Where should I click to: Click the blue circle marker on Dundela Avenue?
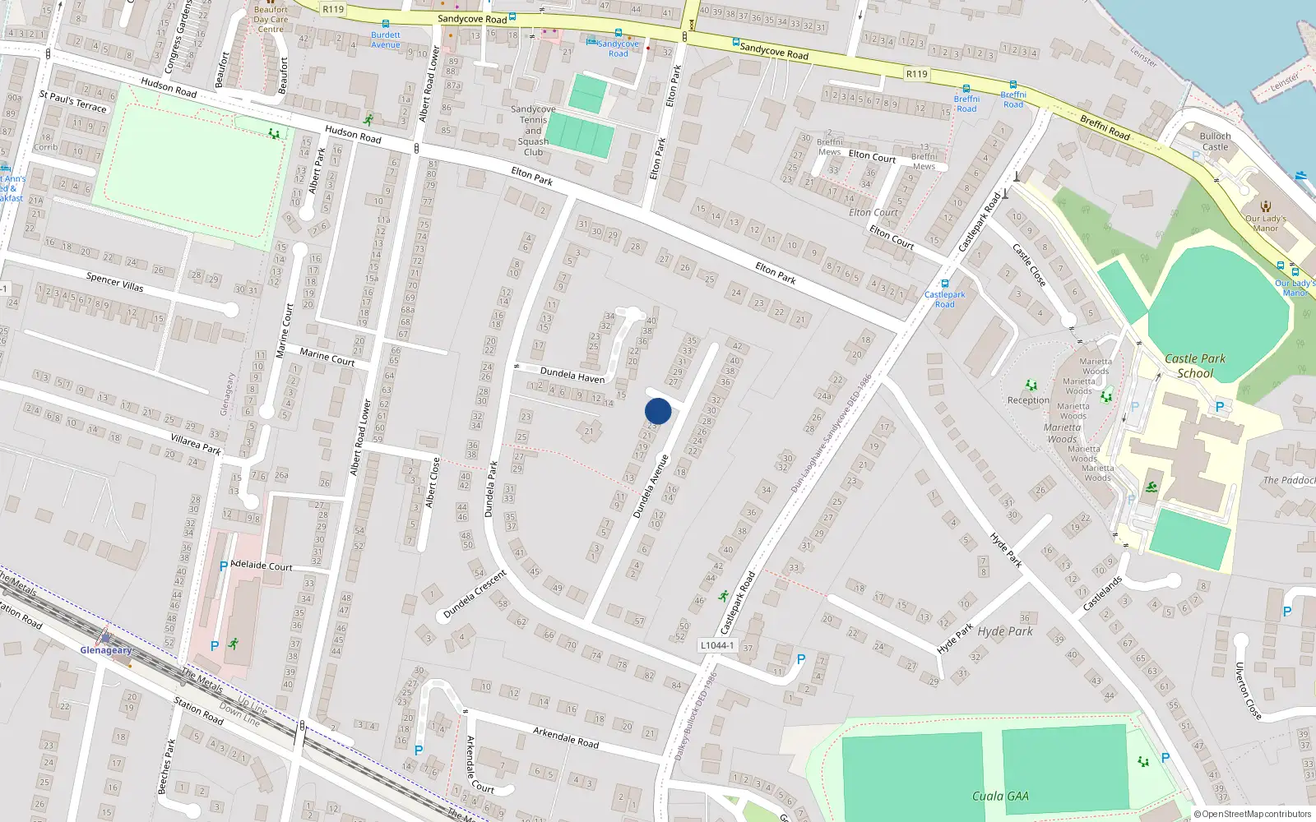tap(658, 411)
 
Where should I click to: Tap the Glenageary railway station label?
tap(105, 650)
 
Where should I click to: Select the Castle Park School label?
tap(1195, 366)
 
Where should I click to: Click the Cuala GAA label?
tap(1000, 796)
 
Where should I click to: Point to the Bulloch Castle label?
tap(1215, 141)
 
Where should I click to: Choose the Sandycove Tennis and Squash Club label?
tap(533, 131)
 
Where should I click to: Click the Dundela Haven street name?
tap(572, 375)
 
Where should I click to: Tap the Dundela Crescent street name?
tap(475, 594)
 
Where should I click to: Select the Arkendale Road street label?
tap(566, 737)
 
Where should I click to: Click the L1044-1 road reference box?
tap(717, 645)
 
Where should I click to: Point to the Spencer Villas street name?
tap(115, 283)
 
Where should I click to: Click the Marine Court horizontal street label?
tap(327, 356)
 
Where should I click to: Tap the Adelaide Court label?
tap(262, 566)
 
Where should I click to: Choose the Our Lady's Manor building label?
tap(1265, 224)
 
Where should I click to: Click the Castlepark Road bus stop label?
tap(944, 299)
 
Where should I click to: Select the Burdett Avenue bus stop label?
tap(386, 39)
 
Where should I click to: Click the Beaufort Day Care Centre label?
tap(271, 19)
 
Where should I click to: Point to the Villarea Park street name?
tap(196, 444)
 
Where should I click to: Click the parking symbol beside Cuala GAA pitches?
tap(1165, 758)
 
